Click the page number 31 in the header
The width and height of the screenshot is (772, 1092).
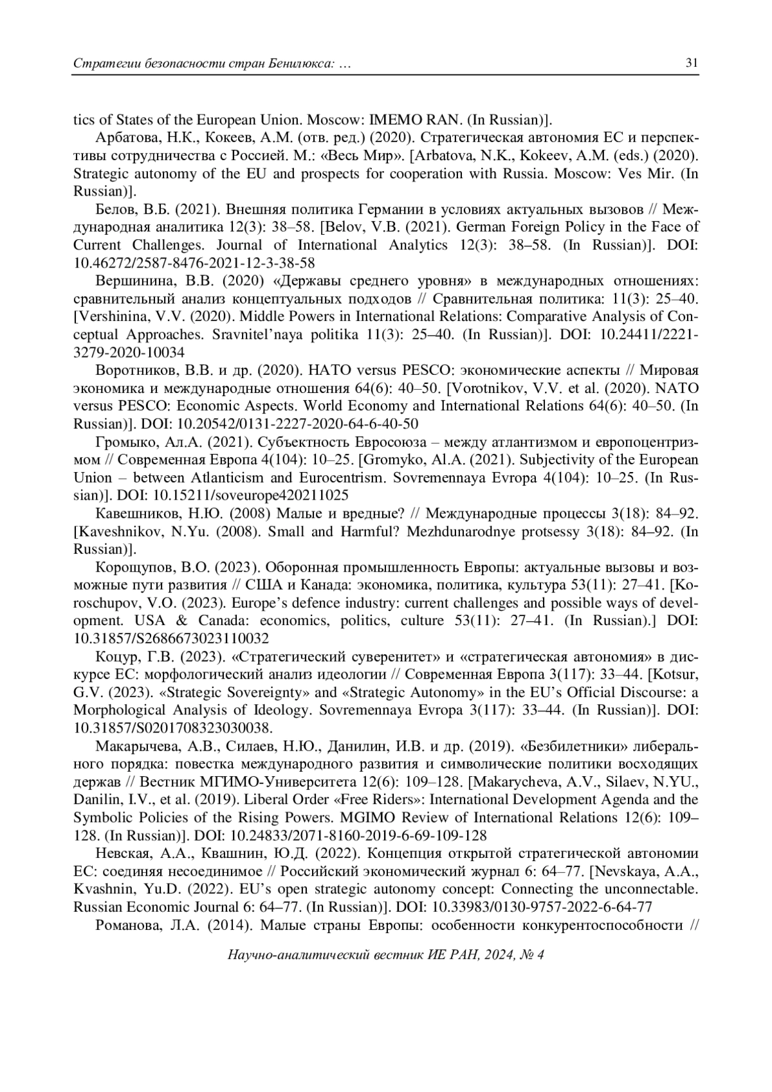point(692,63)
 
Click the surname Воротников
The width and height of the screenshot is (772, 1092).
point(132,370)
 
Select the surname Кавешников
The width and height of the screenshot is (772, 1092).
point(133,514)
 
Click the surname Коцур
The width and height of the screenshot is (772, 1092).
point(115,657)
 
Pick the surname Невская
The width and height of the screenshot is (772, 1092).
point(122,854)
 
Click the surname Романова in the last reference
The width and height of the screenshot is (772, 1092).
point(125,925)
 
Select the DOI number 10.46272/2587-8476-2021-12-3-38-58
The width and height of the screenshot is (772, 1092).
point(194,263)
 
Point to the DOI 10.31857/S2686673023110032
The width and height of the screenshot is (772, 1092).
point(170,639)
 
